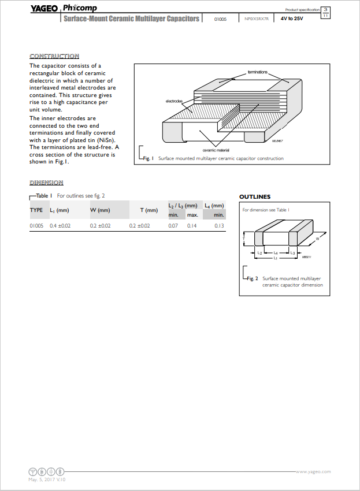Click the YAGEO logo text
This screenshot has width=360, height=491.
coord(43,8)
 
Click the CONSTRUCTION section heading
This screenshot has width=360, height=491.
coord(54,56)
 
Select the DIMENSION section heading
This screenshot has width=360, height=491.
coord(46,183)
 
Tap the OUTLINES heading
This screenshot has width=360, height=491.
coord(255,197)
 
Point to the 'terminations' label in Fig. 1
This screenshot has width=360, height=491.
coord(257,72)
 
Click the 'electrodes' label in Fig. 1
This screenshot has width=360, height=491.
coord(174,101)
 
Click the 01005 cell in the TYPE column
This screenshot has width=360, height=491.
coord(36,226)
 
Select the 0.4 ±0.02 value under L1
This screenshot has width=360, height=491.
coord(60,226)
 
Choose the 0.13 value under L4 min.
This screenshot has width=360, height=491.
coord(219,226)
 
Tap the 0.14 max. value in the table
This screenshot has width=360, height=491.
coord(192,226)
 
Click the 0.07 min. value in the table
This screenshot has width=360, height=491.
coord(173,226)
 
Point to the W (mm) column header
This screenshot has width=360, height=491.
coord(100,210)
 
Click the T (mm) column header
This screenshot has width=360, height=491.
coord(149,210)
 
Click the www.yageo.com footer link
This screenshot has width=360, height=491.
coord(313,471)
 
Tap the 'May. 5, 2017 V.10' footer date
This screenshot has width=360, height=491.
coord(47,479)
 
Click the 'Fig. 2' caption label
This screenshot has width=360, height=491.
coord(252,278)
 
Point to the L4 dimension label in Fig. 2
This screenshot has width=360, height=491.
coord(276,253)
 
